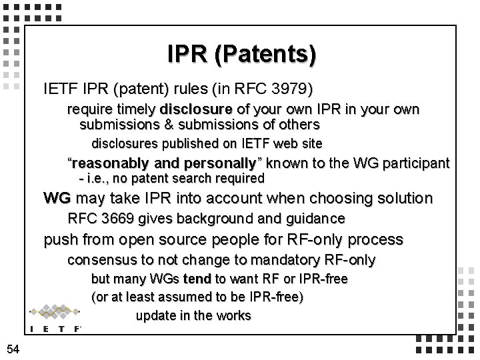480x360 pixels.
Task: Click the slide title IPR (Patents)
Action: click(241, 54)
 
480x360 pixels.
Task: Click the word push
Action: click(59, 239)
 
